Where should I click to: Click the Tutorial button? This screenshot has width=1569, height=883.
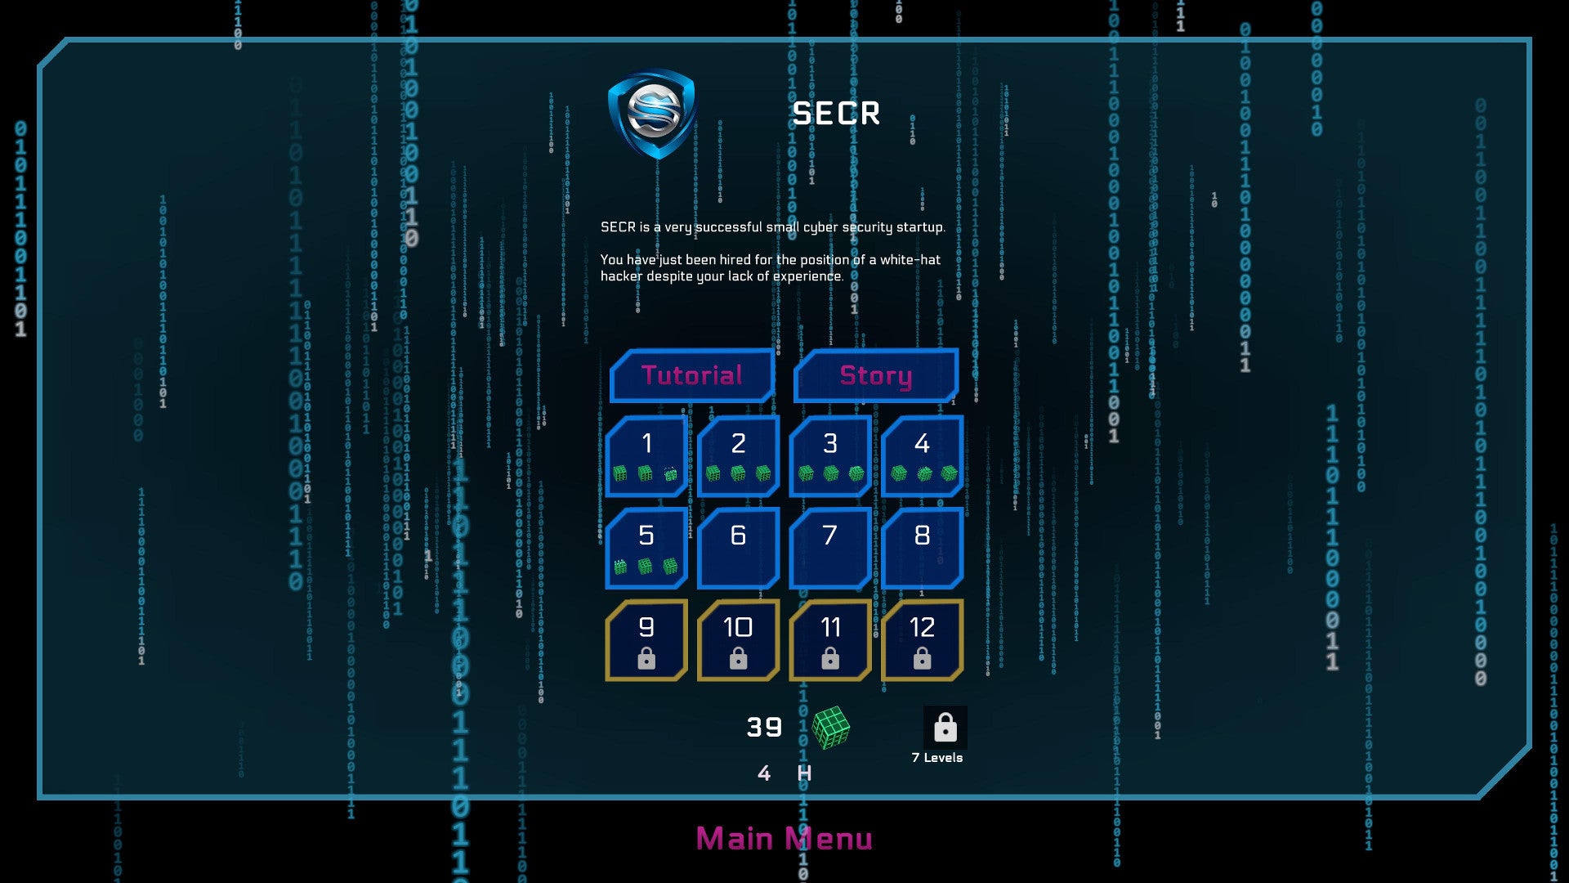pos(692,375)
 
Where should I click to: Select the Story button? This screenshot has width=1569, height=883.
pos(875,375)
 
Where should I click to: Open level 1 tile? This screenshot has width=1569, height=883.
pos(646,456)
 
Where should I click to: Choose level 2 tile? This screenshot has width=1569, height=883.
pos(738,456)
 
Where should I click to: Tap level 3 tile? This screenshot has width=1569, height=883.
pos(830,456)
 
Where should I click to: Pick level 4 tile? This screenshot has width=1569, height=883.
pos(922,456)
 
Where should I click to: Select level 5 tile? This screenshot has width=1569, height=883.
pos(646,548)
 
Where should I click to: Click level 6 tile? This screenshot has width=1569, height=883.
pos(738,548)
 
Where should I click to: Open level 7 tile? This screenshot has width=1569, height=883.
pos(830,548)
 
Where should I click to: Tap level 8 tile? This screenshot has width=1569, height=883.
pos(922,548)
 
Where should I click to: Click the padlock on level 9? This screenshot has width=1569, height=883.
pos(646,658)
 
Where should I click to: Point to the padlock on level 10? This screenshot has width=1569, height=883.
pos(738,658)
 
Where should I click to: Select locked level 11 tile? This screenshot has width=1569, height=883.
pos(830,640)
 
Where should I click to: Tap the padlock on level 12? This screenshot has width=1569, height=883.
pos(922,658)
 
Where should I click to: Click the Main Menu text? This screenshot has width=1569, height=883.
pos(784,839)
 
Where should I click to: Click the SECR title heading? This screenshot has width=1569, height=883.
pos(836,114)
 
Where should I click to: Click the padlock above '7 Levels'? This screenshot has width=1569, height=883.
pos(945,727)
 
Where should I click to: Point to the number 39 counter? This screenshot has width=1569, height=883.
pos(764,727)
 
